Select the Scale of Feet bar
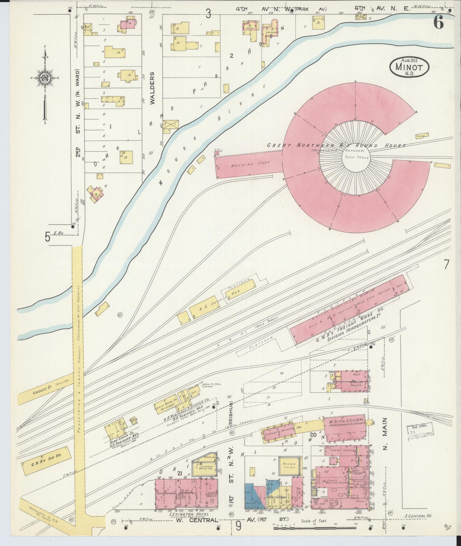(314, 528)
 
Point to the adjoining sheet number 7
(446, 264)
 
